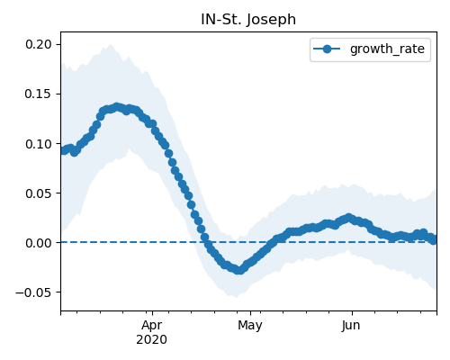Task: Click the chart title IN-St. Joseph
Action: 248,20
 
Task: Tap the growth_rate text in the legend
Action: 387,49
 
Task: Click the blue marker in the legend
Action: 327,49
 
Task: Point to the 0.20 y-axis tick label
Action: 39,44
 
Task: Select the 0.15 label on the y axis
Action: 39,94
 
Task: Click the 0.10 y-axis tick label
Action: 39,144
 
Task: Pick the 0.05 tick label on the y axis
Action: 39,193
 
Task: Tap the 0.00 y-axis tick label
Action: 39,243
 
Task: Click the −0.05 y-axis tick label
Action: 34,292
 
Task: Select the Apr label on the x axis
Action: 152,326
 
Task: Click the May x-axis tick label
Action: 250,326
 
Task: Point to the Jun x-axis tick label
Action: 351,326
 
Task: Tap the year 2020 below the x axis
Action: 152,340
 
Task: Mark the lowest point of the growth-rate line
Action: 238,270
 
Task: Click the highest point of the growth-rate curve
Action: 117,107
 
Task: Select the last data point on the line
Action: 433,240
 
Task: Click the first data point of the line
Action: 63,150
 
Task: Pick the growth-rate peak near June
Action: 348,218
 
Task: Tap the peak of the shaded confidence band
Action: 111,45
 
